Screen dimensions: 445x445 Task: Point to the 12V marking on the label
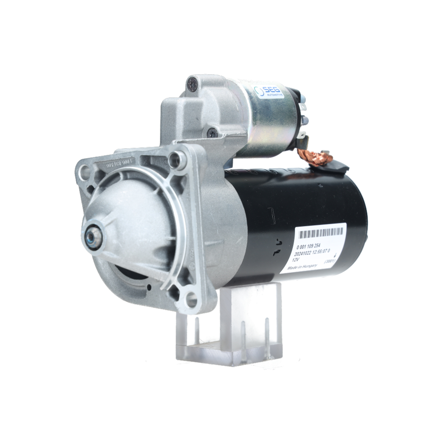pyautogui.click(x=296, y=258)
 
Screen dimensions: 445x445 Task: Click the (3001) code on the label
pyautogui.click(x=330, y=263)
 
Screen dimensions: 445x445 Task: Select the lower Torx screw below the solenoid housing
pyautogui.click(x=212, y=132)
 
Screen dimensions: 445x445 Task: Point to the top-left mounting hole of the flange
pyautogui.click(x=83, y=169)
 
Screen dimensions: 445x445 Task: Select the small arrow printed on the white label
pyautogui.click(x=334, y=253)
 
